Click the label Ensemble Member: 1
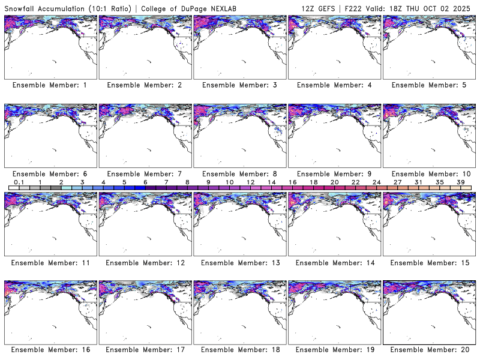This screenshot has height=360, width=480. tap(50, 85)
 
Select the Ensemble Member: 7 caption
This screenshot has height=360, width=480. tap(144, 173)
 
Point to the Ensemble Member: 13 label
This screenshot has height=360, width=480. tap(239, 262)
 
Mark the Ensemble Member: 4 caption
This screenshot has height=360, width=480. tap(334, 85)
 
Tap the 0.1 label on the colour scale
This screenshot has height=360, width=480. tap(19, 182)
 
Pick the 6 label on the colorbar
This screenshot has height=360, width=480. tap(145, 182)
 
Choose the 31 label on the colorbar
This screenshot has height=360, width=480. tap(419, 182)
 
